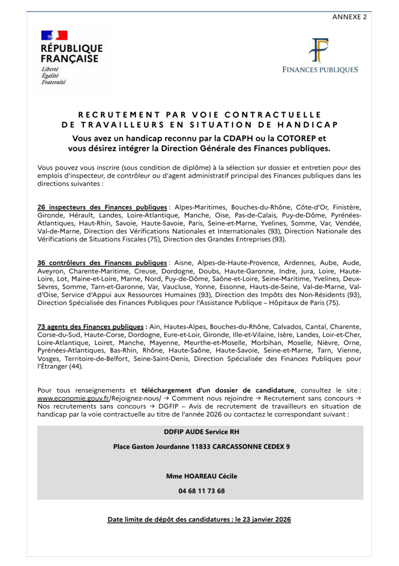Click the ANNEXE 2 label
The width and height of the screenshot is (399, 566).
tap(349, 17)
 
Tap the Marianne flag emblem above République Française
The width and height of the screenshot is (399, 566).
tap(54, 35)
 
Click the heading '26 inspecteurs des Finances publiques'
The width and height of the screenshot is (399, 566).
tap(102, 207)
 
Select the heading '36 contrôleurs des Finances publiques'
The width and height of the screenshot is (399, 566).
tap(102, 262)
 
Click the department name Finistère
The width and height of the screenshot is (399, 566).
tap(347, 207)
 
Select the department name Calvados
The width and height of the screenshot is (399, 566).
tap(285, 327)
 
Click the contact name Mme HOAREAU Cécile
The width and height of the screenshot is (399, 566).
tap(201, 476)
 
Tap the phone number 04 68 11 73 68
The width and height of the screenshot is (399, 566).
tap(201, 491)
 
